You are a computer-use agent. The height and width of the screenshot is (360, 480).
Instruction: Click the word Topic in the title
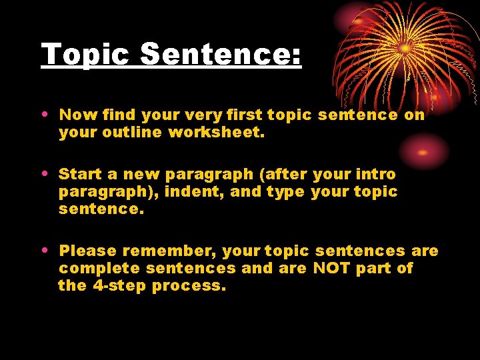(85, 55)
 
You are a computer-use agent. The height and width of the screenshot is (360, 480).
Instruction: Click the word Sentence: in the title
(221, 55)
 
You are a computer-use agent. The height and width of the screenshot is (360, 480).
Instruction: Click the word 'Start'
(79, 175)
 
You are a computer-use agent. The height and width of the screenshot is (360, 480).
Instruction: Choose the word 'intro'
(376, 175)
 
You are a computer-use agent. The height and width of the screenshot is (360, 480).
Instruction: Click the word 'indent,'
(188, 192)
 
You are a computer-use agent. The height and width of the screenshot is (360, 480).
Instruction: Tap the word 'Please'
(87, 251)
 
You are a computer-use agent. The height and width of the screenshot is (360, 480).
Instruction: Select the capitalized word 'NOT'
(327, 268)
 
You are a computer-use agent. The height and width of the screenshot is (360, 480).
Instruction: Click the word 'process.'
(189, 286)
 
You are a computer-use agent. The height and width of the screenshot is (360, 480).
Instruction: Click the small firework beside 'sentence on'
(423, 151)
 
